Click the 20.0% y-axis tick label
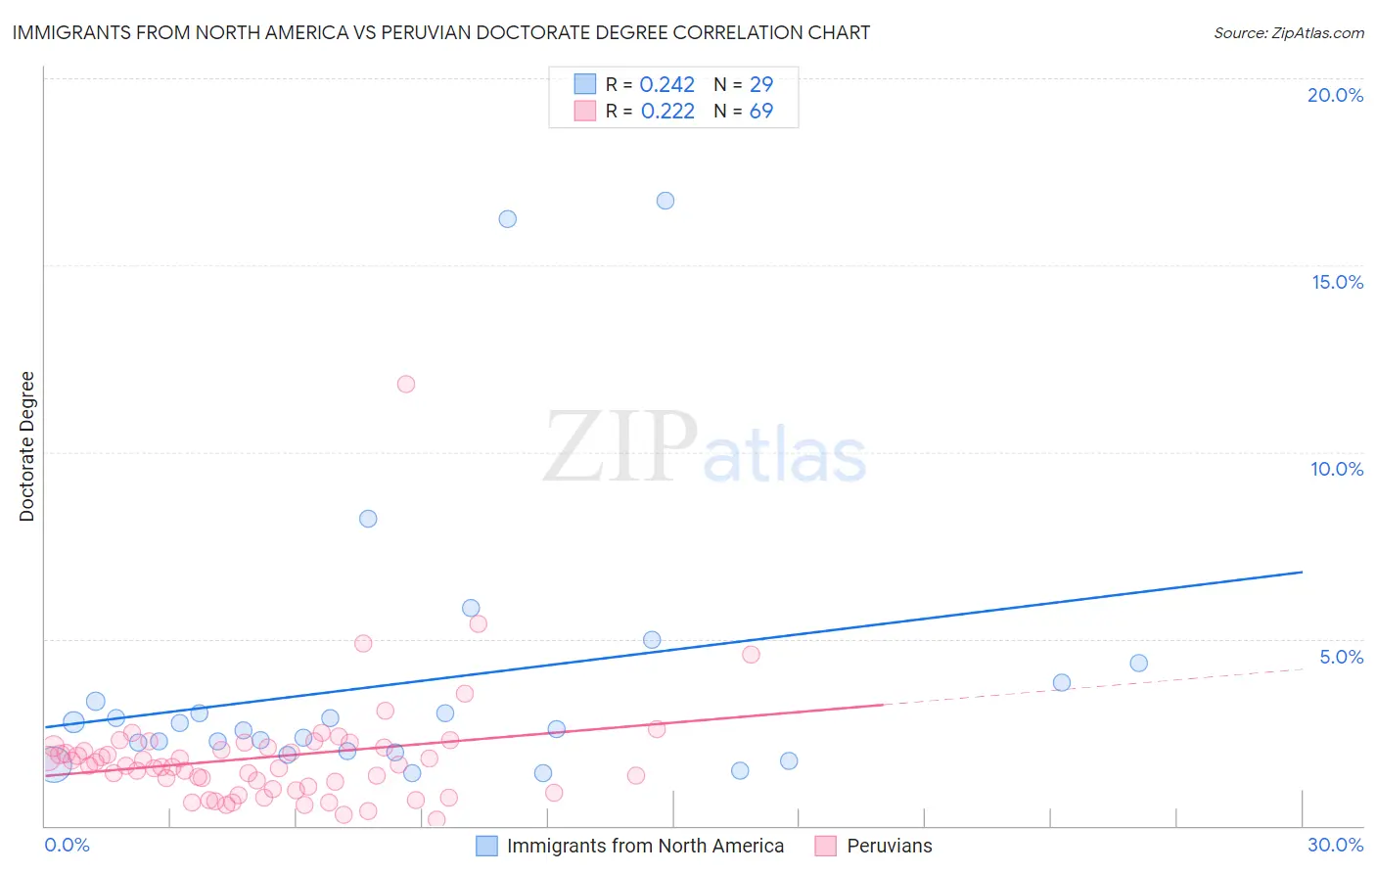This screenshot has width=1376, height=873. (1335, 95)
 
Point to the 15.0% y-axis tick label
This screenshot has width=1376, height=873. (1337, 282)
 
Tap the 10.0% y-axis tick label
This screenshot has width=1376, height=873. (1337, 469)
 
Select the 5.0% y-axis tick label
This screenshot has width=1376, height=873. (1341, 657)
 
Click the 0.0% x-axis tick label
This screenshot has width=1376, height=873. (67, 845)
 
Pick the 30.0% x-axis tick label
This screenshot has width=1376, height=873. (1335, 845)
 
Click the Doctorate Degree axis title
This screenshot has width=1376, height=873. (26, 446)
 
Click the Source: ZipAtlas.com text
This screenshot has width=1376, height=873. (1288, 32)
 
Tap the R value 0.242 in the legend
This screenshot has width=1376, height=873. (666, 85)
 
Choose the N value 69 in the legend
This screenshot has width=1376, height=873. (760, 112)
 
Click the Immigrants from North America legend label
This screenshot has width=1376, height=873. (645, 846)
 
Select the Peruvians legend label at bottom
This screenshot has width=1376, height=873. (889, 846)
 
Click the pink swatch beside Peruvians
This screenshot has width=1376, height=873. (826, 846)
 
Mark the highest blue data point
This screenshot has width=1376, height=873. (665, 201)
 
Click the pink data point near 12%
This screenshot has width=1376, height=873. (406, 384)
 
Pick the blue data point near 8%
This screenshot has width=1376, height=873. (368, 519)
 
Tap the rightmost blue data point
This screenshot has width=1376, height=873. (1138, 664)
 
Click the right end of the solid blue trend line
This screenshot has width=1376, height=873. (1302, 572)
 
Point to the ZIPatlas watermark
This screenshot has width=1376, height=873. (705, 448)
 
